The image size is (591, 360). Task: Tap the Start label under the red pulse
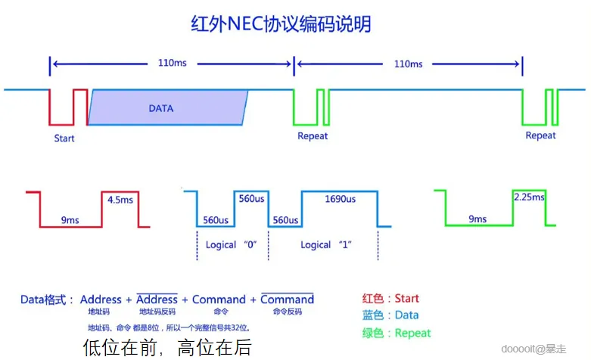click(x=64, y=138)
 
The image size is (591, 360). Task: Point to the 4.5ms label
click(x=121, y=200)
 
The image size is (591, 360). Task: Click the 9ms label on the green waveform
click(x=477, y=219)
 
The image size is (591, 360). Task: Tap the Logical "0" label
click(x=232, y=244)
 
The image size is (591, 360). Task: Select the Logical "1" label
click(x=326, y=244)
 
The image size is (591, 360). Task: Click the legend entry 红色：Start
click(x=391, y=299)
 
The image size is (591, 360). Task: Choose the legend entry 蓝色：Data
click(x=391, y=315)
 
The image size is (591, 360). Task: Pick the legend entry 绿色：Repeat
click(x=397, y=333)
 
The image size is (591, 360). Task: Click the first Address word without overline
click(x=101, y=299)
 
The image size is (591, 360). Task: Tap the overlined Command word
click(x=287, y=299)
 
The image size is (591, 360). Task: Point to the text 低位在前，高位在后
click(x=166, y=347)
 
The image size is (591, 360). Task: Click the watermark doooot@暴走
click(x=551, y=348)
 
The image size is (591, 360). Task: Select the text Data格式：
click(x=47, y=300)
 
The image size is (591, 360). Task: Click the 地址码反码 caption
click(x=158, y=312)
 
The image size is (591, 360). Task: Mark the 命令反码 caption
click(x=287, y=312)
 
